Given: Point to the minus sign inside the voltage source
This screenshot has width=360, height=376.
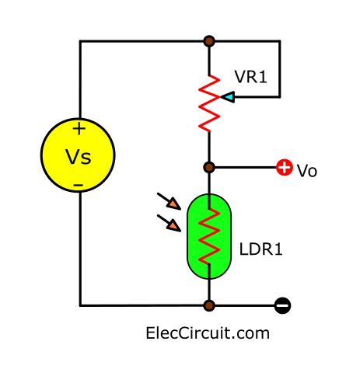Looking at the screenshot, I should pos(79,185).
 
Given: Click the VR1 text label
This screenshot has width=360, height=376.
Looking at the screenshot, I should pos(250,78).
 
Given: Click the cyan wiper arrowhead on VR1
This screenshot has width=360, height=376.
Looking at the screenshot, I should pos(226,97).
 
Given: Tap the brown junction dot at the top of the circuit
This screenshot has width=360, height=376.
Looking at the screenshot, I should pos(208,40).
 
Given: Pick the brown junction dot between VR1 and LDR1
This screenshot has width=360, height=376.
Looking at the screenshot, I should pos(208,166).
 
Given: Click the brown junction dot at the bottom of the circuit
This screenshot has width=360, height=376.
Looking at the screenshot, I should pos(208,305).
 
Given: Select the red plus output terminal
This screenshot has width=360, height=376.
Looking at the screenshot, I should pos(284,167).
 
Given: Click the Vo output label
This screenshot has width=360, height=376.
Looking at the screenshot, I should pos(307,170).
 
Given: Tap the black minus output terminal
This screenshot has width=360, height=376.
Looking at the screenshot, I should pos(283,305).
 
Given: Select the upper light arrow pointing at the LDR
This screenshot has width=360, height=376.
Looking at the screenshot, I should pos(175,204).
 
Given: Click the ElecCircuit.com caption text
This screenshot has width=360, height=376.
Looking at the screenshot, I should pos(207,334).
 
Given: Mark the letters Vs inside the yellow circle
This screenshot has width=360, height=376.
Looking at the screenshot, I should pos(78,158).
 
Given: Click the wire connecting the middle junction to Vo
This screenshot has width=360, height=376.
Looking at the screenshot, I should pos(245,166).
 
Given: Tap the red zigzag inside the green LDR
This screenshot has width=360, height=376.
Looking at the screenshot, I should pos(208,237).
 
